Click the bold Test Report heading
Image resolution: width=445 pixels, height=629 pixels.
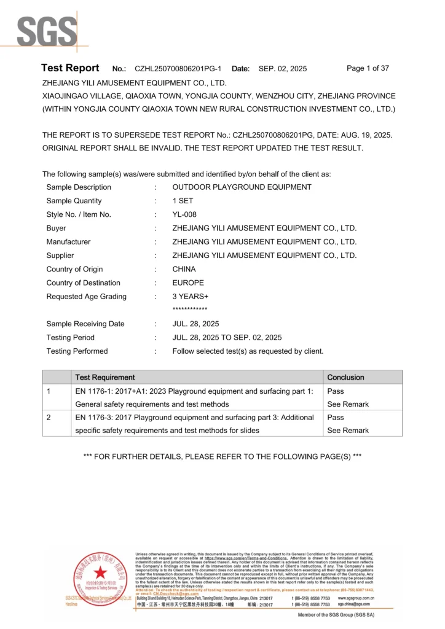click(69, 68)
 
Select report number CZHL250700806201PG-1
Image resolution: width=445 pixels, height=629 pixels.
click(178, 69)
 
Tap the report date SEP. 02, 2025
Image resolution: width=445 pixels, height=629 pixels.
click(282, 69)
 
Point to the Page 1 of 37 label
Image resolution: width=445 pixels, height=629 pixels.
click(368, 68)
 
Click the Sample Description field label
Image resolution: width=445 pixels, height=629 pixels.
click(79, 187)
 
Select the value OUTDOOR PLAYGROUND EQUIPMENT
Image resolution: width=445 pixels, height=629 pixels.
click(242, 187)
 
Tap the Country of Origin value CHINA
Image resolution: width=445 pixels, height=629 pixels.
click(184, 269)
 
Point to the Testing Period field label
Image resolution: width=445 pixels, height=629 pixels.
click(70, 337)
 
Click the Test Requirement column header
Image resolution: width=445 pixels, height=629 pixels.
click(104, 377)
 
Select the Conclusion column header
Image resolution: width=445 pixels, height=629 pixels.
click(345, 377)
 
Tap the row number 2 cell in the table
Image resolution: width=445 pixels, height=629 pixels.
click(49, 418)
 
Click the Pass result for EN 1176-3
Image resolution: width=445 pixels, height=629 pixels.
click(336, 417)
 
